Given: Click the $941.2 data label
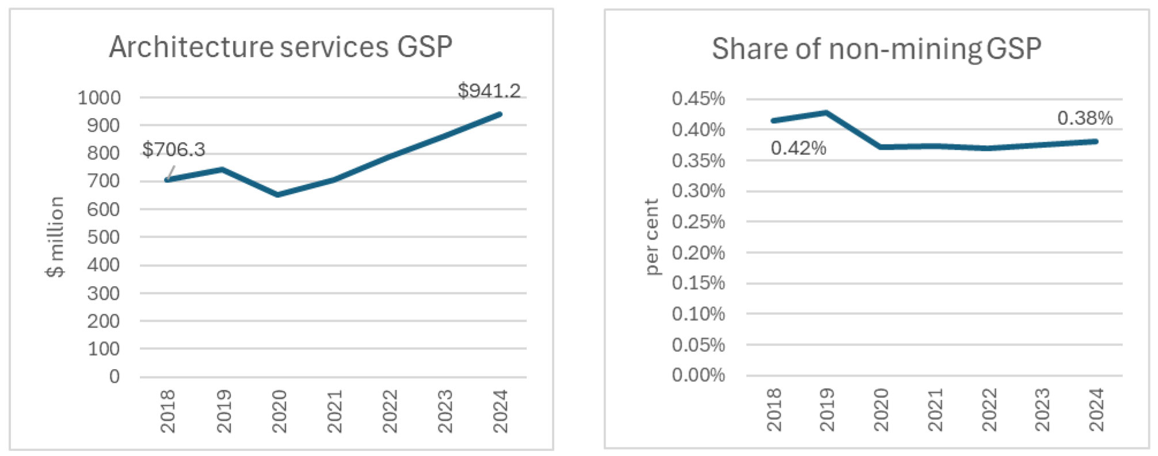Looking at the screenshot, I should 489,91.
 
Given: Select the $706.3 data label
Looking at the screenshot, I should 173,150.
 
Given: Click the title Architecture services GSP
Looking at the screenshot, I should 281,47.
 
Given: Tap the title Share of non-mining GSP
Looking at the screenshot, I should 876,48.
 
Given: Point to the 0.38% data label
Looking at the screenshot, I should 1084,118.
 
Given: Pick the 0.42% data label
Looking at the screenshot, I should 798,149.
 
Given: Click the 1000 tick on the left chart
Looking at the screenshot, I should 100,97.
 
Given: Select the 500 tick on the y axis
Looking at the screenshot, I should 104,237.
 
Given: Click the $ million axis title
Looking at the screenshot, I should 55,237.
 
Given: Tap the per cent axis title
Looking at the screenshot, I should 652,237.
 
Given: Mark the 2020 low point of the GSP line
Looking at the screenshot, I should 278,195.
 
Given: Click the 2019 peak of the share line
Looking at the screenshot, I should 826,112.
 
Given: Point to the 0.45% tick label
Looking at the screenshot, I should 698,98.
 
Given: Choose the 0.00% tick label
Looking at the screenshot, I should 698,375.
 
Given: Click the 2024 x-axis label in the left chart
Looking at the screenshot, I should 500,411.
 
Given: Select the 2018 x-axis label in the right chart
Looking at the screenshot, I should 774,409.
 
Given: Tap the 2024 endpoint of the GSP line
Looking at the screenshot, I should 500,114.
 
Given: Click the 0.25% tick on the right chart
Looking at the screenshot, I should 698,221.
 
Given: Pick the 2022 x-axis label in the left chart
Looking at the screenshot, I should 390,411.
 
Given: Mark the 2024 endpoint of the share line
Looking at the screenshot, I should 1096,141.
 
